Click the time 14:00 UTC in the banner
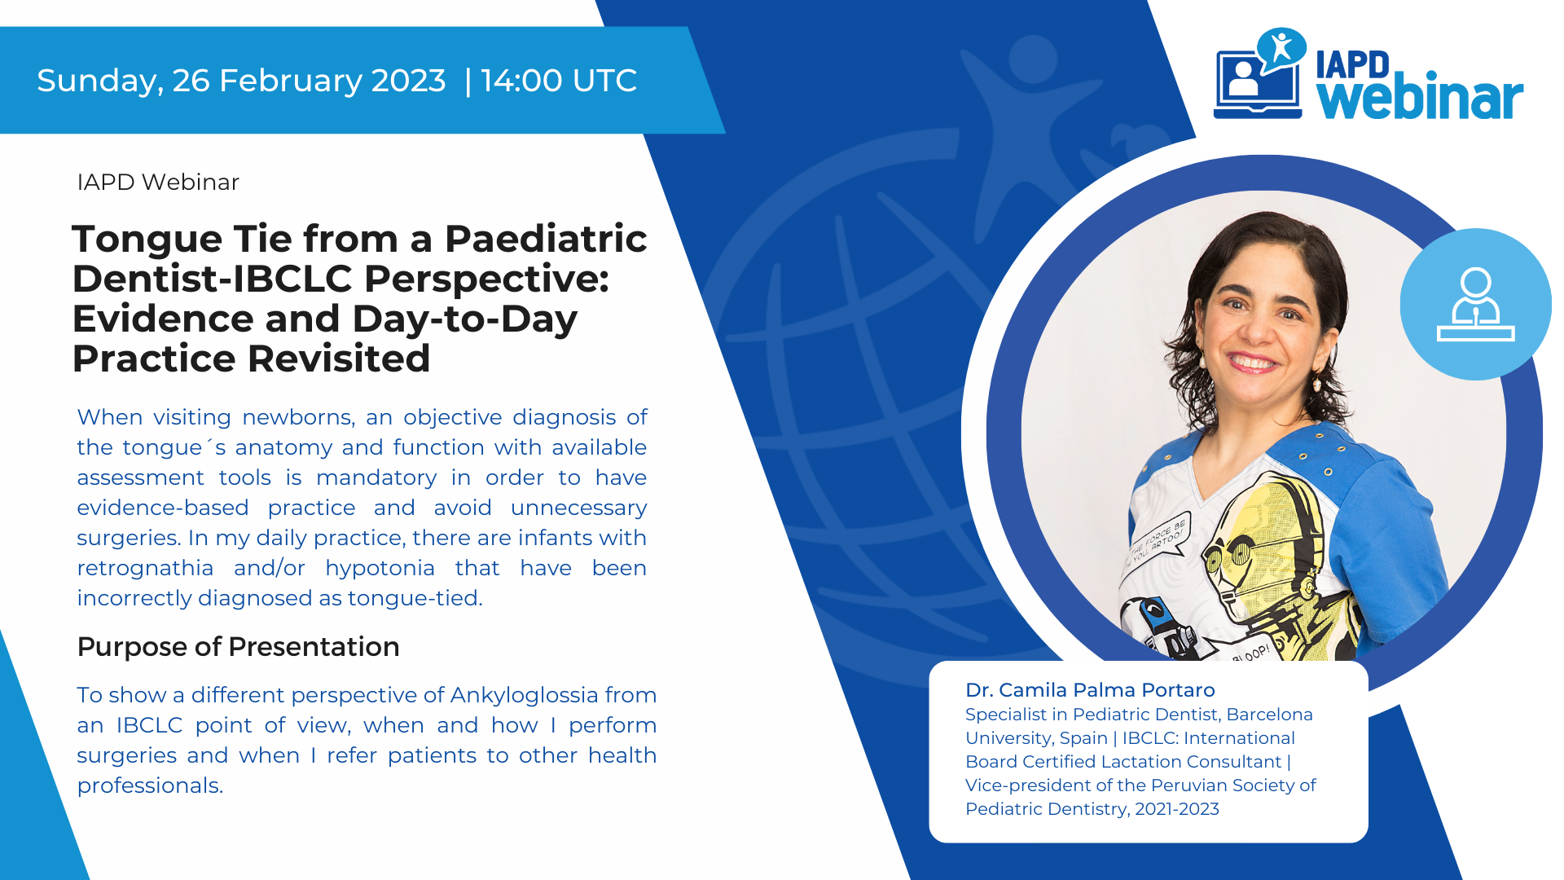click(559, 81)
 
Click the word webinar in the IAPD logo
click(1420, 99)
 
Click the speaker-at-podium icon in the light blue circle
click(1475, 305)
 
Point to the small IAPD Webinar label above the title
click(158, 183)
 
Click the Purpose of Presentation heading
click(238, 647)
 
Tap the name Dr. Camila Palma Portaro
click(1090, 690)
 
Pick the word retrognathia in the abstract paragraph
click(145, 568)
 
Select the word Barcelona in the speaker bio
click(1269, 715)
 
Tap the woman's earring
click(1317, 382)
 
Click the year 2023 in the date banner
click(408, 81)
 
